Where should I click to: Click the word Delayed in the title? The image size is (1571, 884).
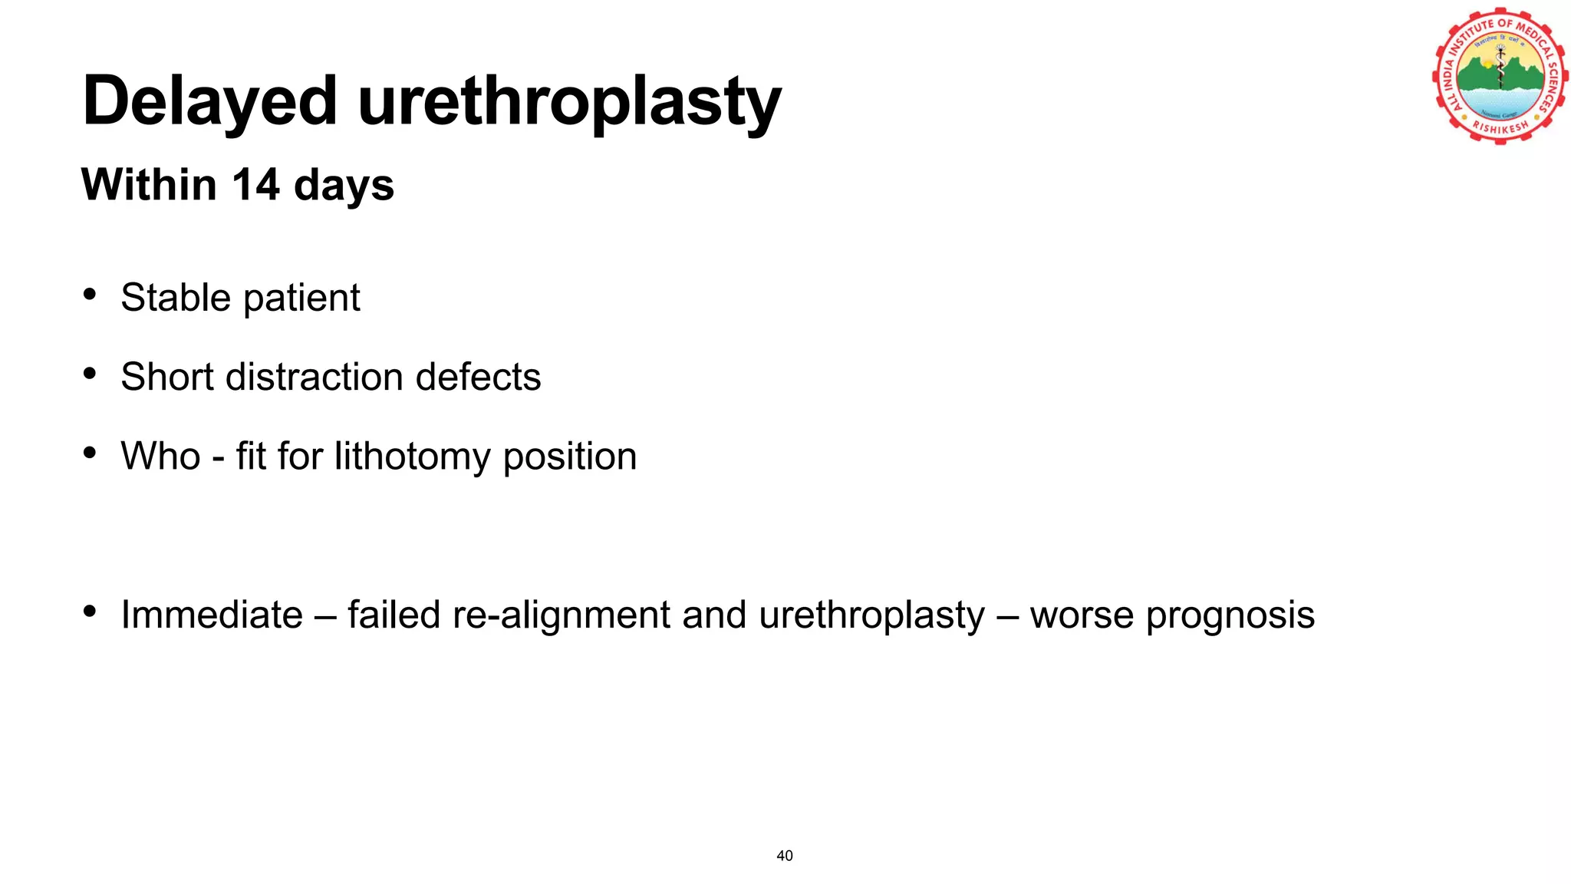pyautogui.click(x=209, y=102)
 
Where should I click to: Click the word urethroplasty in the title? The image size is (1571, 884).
pyautogui.click(x=569, y=102)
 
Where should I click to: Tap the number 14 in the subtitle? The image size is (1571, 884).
pyautogui.click(x=255, y=185)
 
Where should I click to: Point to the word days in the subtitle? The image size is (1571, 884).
pyautogui.click(x=344, y=186)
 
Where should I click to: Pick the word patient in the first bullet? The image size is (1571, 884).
pyautogui.click(x=301, y=299)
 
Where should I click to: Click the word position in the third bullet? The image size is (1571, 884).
pyautogui.click(x=570, y=457)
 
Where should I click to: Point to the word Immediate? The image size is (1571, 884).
pyautogui.click(x=212, y=615)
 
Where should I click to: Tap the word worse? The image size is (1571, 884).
pyautogui.click(x=1081, y=615)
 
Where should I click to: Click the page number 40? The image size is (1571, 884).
pyautogui.click(x=785, y=856)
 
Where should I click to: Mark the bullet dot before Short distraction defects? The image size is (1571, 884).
pyautogui.click(x=90, y=374)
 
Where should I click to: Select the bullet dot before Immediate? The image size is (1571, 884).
pyautogui.click(x=90, y=612)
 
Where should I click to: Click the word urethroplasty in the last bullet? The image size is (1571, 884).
pyautogui.click(x=871, y=615)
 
